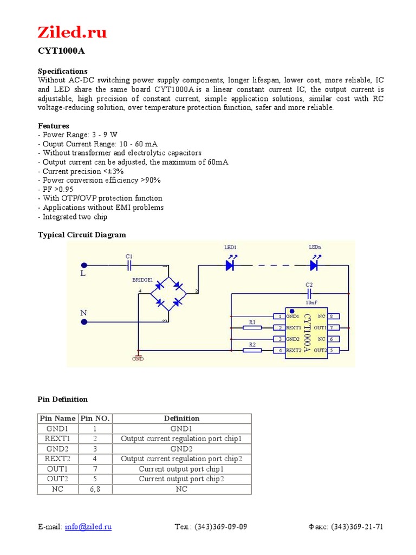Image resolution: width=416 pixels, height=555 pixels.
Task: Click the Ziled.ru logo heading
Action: click(72, 33)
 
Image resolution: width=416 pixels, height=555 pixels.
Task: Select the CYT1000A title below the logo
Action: click(61, 51)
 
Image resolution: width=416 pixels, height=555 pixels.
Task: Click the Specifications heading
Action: click(62, 71)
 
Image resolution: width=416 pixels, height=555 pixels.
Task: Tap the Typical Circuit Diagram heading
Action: click(81, 235)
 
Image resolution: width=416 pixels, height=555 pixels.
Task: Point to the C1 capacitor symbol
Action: click(129, 265)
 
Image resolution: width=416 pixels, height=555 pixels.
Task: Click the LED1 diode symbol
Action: click(230, 265)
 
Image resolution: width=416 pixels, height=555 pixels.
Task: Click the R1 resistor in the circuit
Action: click(252, 327)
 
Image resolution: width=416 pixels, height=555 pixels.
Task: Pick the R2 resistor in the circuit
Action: click(252, 350)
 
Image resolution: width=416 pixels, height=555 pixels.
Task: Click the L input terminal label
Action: click(83, 274)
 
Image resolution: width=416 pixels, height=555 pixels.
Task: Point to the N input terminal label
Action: click(83, 313)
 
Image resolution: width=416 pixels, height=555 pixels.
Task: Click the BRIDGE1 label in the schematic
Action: click(143, 280)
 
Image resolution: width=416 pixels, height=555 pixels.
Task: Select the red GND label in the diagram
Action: click(138, 359)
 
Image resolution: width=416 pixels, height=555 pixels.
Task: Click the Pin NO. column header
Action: click(95, 418)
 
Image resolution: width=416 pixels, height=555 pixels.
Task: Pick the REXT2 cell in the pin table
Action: click(58, 459)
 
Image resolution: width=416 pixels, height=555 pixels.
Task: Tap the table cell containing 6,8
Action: click(95, 489)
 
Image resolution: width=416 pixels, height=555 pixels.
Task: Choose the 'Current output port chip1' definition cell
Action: click(181, 469)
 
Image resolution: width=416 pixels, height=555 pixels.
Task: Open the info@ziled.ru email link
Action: click(88, 527)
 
